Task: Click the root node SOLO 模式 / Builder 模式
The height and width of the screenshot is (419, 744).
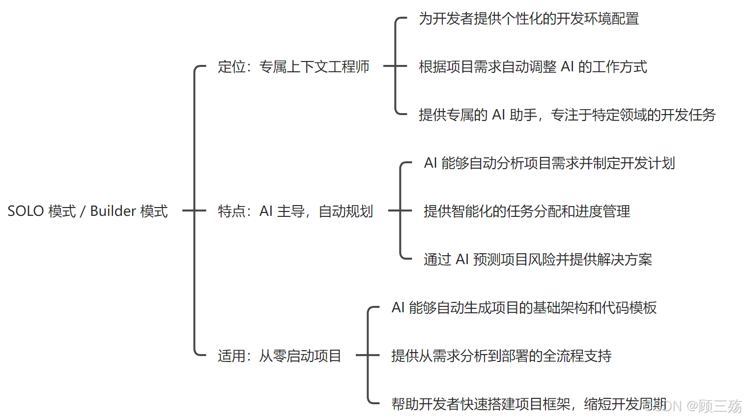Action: [87, 211]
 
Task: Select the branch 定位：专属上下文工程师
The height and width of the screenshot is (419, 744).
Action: [293, 66]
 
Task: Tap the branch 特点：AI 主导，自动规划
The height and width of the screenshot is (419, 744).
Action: [295, 211]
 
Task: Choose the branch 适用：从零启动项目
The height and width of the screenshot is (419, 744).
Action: [279, 356]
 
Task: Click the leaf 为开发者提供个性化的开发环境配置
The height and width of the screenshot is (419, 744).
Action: [529, 19]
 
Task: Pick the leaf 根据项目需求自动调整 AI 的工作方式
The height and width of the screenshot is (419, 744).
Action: [533, 66]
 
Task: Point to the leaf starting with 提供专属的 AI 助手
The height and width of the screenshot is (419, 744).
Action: [567, 115]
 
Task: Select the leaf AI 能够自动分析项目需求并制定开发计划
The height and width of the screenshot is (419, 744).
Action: [549, 163]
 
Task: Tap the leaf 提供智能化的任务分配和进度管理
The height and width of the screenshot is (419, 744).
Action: [527, 211]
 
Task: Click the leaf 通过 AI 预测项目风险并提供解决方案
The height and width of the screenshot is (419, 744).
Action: [538, 259]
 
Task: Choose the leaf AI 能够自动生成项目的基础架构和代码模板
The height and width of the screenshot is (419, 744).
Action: [524, 307]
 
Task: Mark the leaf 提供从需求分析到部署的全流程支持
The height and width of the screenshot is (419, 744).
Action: [501, 356]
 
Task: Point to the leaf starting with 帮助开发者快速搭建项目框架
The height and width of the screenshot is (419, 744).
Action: [529, 404]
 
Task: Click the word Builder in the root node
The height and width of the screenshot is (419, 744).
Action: [113, 211]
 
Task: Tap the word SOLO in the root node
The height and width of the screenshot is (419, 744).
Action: [26, 211]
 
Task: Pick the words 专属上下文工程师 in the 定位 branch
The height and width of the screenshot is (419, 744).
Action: [314, 66]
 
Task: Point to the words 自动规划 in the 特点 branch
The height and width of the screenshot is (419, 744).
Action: [345, 211]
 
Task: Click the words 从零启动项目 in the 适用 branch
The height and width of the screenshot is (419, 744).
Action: [300, 356]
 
